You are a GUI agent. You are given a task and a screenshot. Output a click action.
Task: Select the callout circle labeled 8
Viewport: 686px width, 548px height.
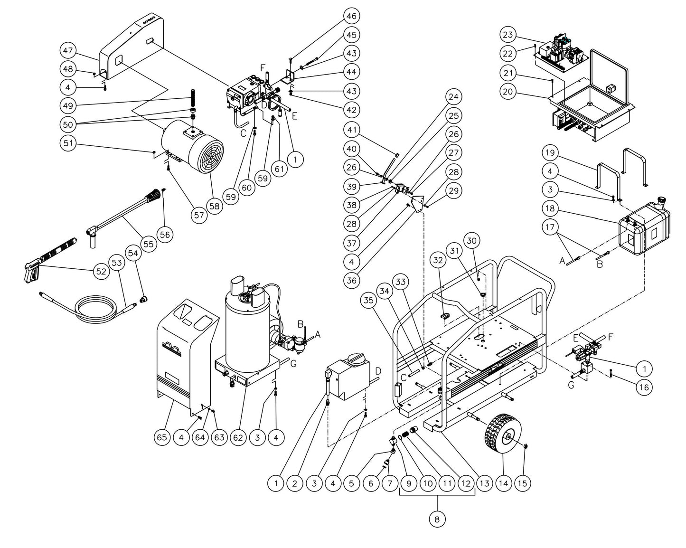(x=437, y=519)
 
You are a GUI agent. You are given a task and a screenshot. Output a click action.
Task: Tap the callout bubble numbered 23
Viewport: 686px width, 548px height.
(x=508, y=35)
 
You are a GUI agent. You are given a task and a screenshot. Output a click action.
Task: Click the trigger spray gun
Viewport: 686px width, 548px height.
(x=33, y=272)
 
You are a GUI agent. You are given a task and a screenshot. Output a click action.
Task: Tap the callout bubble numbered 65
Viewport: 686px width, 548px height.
(x=162, y=437)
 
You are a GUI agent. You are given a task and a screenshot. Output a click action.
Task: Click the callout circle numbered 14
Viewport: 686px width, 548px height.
(x=503, y=483)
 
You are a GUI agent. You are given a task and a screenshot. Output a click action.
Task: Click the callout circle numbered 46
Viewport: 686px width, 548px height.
(x=351, y=16)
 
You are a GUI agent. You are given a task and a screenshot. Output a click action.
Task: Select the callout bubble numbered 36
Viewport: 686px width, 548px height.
(x=351, y=280)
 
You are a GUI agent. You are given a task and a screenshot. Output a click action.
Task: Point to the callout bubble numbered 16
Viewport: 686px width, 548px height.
(x=644, y=387)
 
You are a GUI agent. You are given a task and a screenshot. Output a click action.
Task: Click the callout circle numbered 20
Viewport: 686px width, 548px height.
(x=508, y=91)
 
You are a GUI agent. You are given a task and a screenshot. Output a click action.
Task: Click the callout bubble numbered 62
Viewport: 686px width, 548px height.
(x=238, y=437)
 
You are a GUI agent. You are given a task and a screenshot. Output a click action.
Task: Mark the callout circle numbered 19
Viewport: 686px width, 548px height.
(x=550, y=152)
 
